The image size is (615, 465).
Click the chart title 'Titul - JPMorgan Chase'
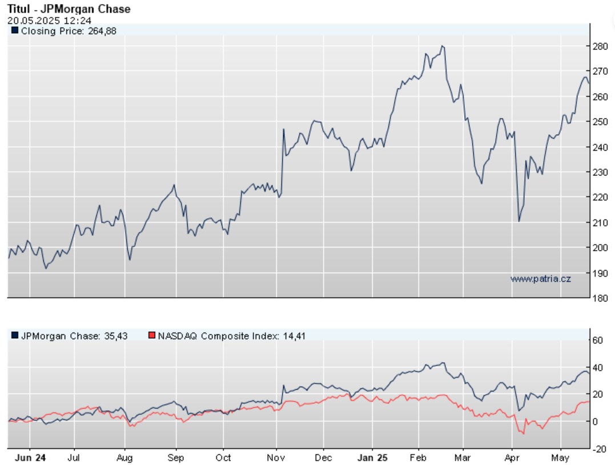click(x=69, y=9)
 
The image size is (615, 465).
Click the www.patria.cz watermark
click(x=540, y=278)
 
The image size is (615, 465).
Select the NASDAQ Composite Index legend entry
click(x=231, y=336)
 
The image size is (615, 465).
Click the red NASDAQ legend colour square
click(x=152, y=335)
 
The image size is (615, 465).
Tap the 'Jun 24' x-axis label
click(x=30, y=458)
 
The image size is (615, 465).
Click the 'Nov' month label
click(x=276, y=458)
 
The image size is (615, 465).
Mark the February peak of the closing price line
click(x=443, y=46)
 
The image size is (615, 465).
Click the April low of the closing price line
click(x=518, y=221)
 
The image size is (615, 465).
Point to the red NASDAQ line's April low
click(x=522, y=434)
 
